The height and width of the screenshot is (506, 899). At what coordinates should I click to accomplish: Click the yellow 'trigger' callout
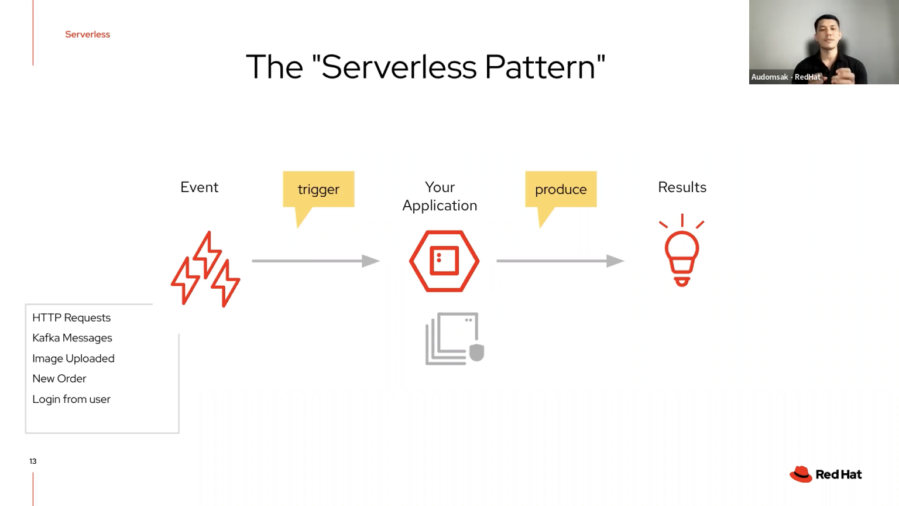tap(318, 189)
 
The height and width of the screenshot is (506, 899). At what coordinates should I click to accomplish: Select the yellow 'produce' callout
tap(561, 189)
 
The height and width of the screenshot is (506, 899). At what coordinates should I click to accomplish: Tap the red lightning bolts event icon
tap(205, 269)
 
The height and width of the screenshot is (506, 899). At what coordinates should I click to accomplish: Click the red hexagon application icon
tap(444, 261)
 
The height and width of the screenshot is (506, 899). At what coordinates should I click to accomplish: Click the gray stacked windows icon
tap(454, 339)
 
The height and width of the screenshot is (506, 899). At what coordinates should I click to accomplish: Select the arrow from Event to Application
tap(315, 261)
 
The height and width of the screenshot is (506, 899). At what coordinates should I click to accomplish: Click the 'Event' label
tap(199, 187)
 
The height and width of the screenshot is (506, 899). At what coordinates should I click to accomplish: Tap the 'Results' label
tap(682, 187)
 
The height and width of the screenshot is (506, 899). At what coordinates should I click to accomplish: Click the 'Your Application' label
tap(440, 196)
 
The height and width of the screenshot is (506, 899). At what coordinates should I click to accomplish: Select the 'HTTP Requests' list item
tap(71, 317)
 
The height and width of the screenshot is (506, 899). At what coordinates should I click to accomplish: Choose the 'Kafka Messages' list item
tap(72, 338)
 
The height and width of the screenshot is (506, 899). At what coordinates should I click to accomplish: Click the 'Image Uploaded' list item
tap(73, 358)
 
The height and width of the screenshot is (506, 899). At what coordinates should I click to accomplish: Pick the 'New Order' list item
tap(59, 379)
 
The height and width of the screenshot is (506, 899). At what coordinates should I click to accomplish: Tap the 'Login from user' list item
tap(71, 399)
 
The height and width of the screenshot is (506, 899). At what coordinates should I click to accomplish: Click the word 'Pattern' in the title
tap(540, 67)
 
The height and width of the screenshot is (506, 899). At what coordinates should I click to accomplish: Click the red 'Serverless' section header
tap(87, 35)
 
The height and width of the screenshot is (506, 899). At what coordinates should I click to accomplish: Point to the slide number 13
tap(33, 461)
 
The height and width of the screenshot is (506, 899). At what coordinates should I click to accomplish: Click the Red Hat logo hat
tap(801, 474)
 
